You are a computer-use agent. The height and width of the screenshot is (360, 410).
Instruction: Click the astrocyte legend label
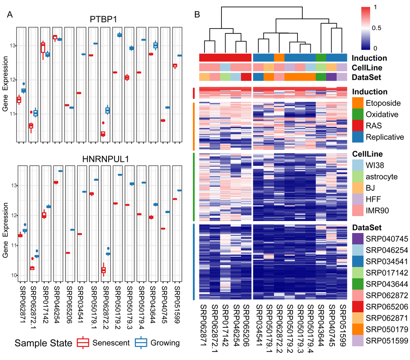(x=381, y=176)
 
